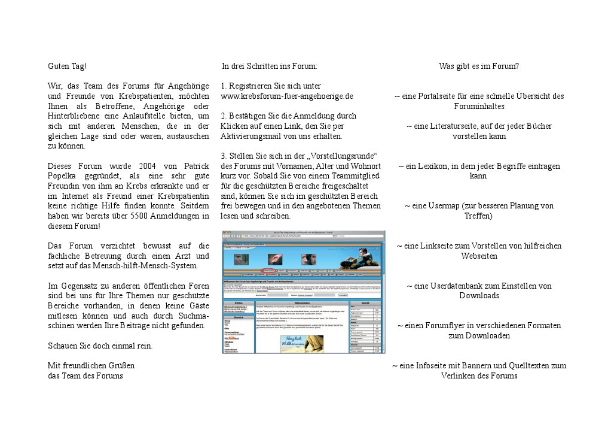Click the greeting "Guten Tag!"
(x=68, y=66)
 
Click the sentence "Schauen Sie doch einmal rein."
(x=100, y=346)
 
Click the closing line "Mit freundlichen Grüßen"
(x=91, y=365)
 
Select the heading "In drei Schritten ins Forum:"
(x=269, y=66)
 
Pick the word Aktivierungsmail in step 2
(x=252, y=137)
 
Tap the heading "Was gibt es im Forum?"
(x=478, y=66)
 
